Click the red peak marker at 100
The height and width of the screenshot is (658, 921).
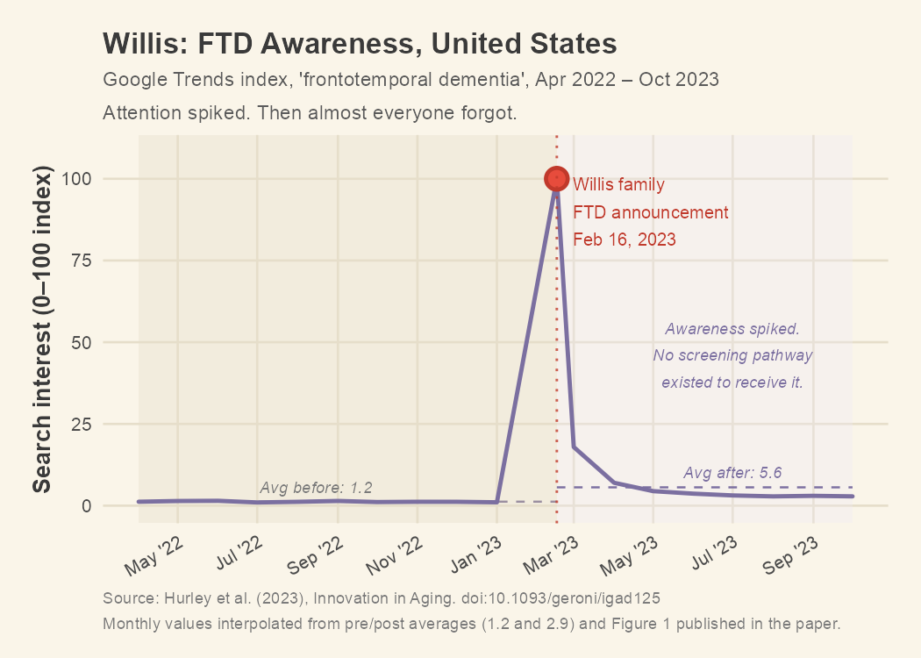pyautogui.click(x=556, y=179)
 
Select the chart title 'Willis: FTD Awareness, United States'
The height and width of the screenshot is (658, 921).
pyautogui.click(x=360, y=43)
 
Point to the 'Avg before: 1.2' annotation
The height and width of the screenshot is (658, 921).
pyautogui.click(x=316, y=488)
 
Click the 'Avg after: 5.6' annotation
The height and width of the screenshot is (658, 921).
pyautogui.click(x=732, y=473)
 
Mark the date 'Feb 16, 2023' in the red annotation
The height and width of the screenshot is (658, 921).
pyautogui.click(x=625, y=240)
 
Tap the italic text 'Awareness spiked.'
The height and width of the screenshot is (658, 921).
pyautogui.click(x=732, y=330)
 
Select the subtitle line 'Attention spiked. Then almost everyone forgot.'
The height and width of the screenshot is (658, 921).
pyautogui.click(x=310, y=114)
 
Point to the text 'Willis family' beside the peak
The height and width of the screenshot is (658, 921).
pyautogui.click(x=618, y=185)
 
